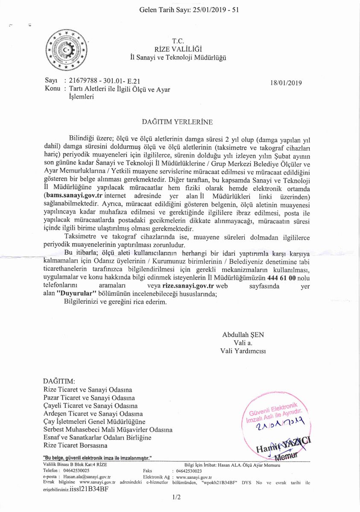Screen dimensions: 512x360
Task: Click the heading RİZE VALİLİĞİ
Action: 178,49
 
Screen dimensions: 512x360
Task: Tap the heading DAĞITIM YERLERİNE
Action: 177,122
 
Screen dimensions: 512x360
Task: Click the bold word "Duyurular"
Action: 74,294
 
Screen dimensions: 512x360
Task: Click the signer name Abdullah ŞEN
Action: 243,335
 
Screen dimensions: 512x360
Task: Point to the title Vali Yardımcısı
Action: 243,351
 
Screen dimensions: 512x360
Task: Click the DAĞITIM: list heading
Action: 59,381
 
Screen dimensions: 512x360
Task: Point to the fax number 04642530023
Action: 189,471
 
